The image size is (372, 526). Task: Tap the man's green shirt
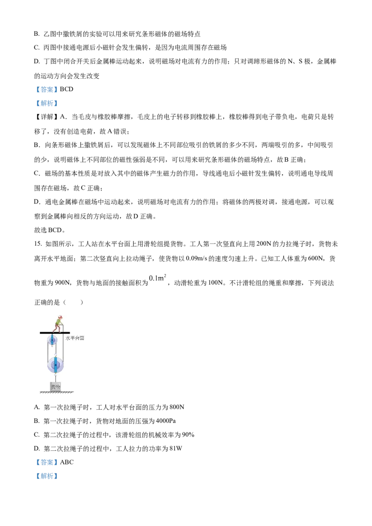58,322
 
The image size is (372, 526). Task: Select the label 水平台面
74,338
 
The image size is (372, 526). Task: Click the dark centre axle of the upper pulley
52,340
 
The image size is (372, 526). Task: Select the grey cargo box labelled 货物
55,386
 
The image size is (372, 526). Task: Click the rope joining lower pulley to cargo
55,378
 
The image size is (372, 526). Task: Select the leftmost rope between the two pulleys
47,351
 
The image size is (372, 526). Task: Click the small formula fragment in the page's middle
158,278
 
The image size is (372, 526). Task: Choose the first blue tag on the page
46,89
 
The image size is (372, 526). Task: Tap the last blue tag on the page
46,476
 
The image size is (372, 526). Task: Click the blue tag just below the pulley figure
46,462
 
